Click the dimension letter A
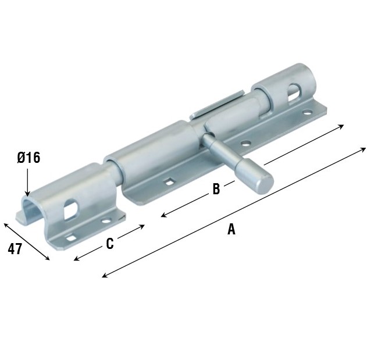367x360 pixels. [x=231, y=230]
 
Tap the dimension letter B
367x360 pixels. [x=216, y=189]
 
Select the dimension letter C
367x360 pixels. [x=110, y=244]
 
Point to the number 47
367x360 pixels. [x=15, y=249]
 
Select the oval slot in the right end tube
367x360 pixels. [x=295, y=91]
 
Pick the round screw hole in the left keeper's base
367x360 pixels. [x=105, y=222]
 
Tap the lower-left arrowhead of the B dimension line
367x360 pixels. [x=163, y=216]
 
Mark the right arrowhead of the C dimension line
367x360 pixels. [x=143, y=226]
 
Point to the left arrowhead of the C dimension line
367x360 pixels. [x=76, y=259]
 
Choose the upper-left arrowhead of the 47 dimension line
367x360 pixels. [x=5, y=224]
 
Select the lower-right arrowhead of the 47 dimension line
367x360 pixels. [x=48, y=258]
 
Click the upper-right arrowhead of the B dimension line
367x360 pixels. [x=343, y=125]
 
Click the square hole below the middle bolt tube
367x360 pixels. [x=169, y=182]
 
